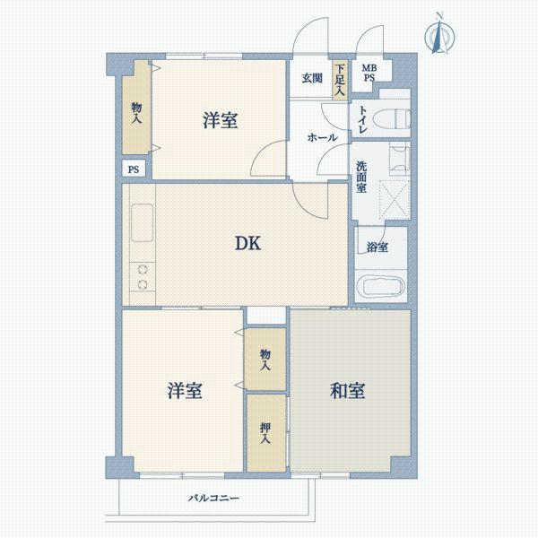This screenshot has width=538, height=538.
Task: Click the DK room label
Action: click(248, 243)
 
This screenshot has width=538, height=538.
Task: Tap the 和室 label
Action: click(347, 391)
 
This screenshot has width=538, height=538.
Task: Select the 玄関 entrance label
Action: click(311, 78)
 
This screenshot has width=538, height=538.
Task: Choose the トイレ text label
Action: click(362, 120)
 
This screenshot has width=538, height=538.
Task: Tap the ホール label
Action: click(322, 137)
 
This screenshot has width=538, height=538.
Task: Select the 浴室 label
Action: click(377, 247)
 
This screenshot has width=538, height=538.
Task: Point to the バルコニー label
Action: click(213, 497)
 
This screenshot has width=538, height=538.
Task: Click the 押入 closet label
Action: click(266, 435)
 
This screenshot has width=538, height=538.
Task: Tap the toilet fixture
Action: click(391, 119)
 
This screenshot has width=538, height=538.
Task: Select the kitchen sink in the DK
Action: click(142, 223)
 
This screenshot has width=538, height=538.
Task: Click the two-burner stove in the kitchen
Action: click(141, 277)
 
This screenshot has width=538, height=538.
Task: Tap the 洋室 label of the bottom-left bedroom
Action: click(184, 391)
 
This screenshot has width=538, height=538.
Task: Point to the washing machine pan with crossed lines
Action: click(393, 198)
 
